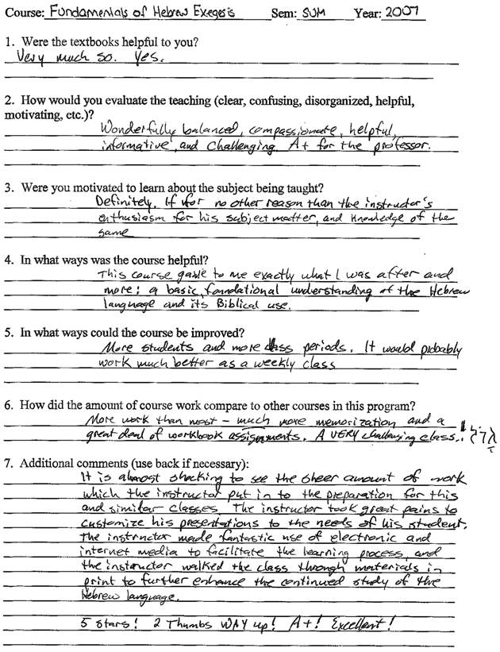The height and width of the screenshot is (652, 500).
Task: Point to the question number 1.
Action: (x=7, y=41)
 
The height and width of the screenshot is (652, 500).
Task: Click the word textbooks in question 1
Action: (x=86, y=41)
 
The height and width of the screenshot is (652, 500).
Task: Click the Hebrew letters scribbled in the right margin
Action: (x=479, y=436)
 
